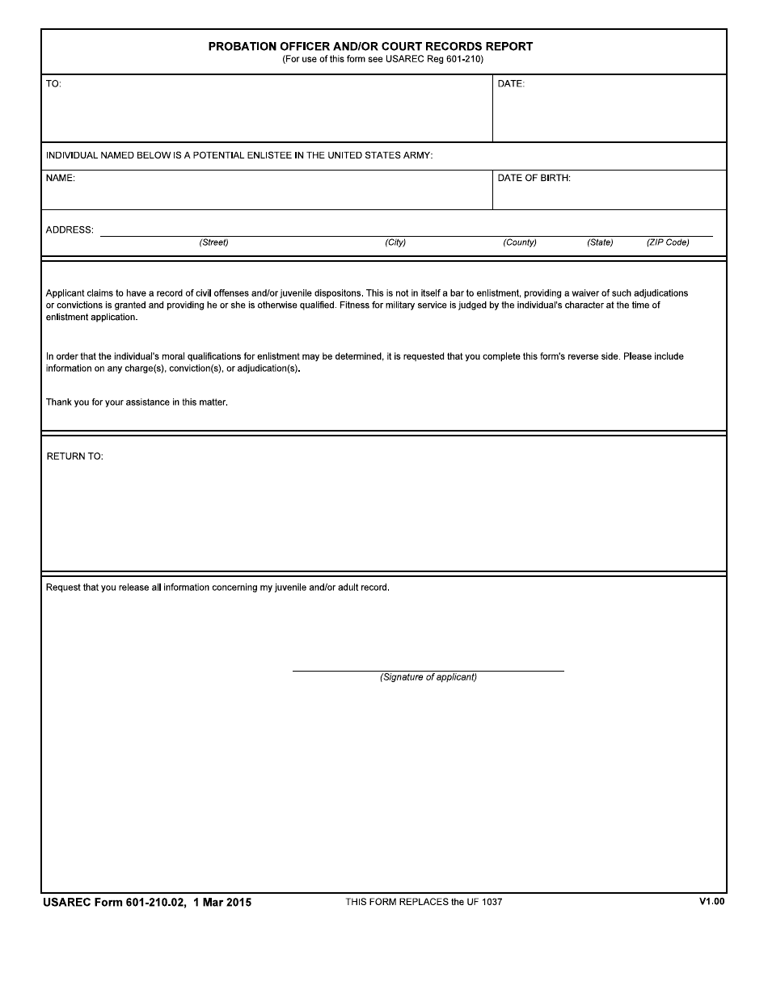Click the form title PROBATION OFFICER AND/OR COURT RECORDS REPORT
[x=370, y=46]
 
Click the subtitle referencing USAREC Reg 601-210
[x=382, y=59]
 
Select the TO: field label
[x=53, y=84]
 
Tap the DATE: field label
[x=511, y=84]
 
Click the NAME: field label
[x=61, y=179]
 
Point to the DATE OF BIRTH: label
[x=534, y=179]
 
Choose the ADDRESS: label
[x=70, y=230]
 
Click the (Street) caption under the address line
[x=213, y=242]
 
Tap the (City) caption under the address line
[x=395, y=242]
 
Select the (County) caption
[x=520, y=242]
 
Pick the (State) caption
[x=600, y=242]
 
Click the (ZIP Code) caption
[x=668, y=242]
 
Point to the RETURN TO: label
[x=75, y=457]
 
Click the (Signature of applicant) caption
[x=428, y=677]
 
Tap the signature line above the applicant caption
[x=428, y=670]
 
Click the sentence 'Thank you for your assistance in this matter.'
[x=137, y=402]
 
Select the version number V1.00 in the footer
[x=711, y=901]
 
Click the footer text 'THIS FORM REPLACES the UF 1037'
[x=424, y=902]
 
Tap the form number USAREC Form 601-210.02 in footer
[x=115, y=903]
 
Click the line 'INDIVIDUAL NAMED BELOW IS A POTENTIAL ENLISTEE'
[x=239, y=155]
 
